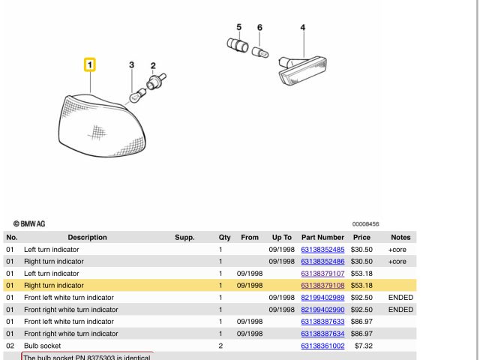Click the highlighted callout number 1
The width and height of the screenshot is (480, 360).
(x=90, y=64)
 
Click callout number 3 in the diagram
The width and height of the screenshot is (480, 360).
(x=132, y=64)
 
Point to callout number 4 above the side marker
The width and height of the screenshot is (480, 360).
(x=303, y=28)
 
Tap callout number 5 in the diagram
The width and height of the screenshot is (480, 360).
(x=238, y=27)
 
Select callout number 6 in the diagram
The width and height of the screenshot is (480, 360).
(x=259, y=28)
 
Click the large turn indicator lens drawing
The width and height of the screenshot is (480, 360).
(x=102, y=126)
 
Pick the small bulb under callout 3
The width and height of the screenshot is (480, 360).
(x=138, y=95)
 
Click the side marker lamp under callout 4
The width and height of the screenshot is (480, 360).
(x=302, y=70)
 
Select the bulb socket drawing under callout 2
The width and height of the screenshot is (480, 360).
(x=156, y=82)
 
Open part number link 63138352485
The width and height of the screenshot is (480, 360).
(x=322, y=250)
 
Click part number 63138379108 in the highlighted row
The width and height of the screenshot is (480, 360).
(x=322, y=285)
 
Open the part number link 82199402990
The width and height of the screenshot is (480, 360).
(x=322, y=310)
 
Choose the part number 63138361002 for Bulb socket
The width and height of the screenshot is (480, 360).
(x=322, y=346)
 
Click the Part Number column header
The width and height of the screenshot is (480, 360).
(x=322, y=237)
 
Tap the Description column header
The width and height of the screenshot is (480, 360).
(x=87, y=237)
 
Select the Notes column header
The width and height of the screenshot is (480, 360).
(x=400, y=237)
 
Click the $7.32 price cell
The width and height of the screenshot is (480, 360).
(x=364, y=346)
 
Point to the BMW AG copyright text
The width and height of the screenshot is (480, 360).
(x=29, y=223)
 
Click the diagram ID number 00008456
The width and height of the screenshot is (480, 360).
(x=365, y=224)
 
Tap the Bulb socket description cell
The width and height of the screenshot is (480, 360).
(x=42, y=346)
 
